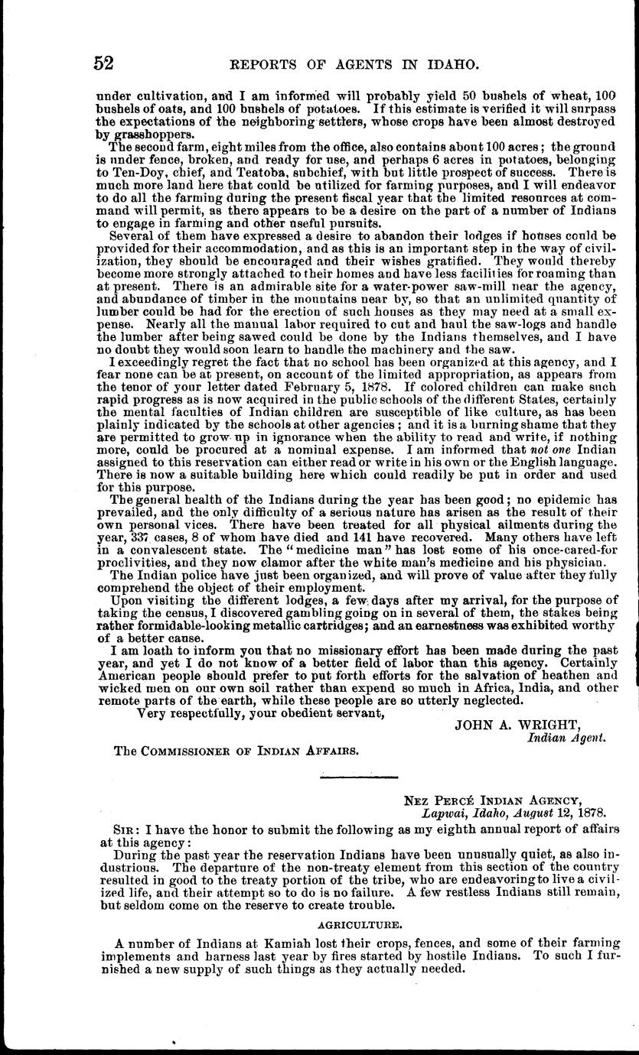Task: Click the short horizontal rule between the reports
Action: [354, 778]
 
